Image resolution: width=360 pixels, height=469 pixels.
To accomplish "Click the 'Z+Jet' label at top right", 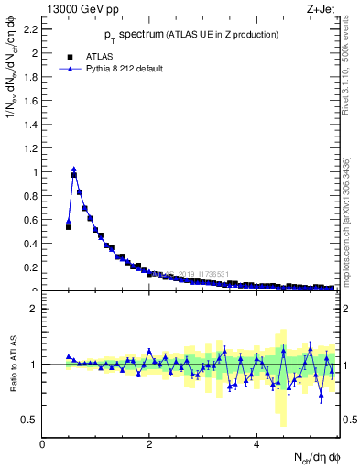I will click(x=324, y=9).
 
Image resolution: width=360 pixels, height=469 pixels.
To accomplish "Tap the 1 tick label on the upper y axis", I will click(x=35, y=172).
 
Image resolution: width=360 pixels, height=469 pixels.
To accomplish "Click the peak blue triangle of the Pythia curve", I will click(x=74, y=169).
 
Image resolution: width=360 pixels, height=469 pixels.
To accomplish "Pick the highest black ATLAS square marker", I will click(x=74, y=175).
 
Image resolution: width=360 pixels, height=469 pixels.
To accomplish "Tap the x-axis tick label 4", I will click(x=257, y=444).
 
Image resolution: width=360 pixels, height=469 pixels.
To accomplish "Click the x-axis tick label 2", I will click(x=150, y=444).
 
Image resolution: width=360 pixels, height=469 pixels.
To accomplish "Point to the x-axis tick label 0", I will click(x=43, y=444).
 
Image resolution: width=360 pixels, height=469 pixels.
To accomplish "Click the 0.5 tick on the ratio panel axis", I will click(x=29, y=420).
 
